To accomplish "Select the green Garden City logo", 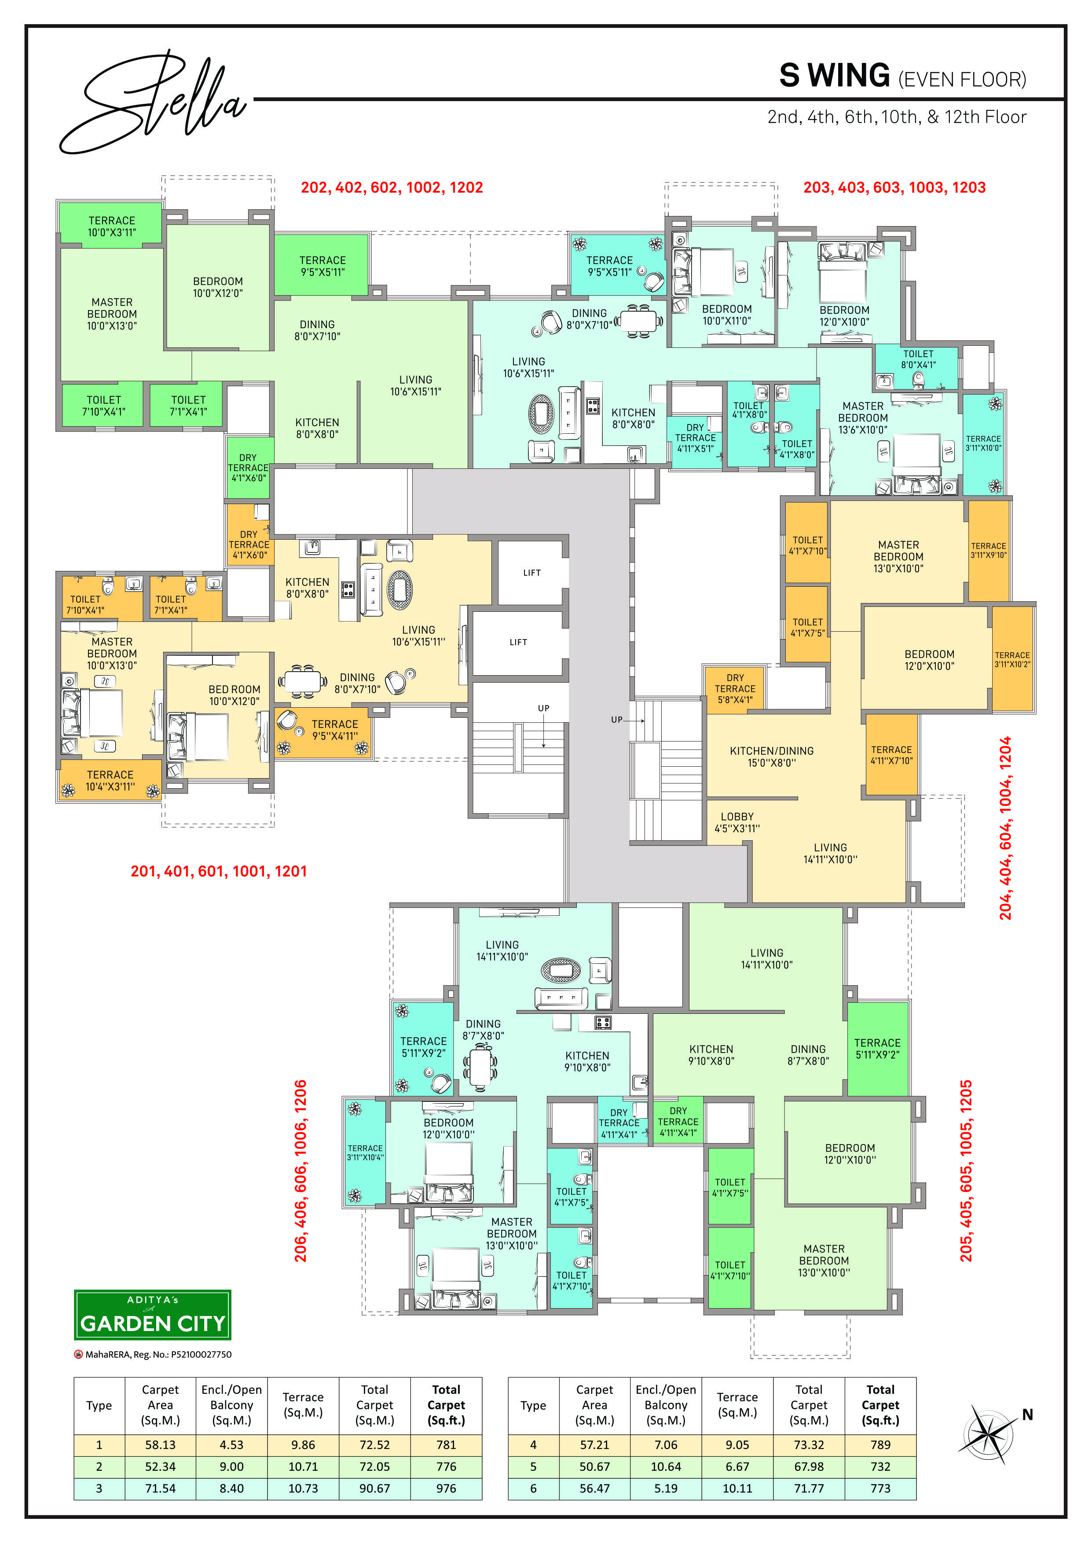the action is [x=153, y=1315].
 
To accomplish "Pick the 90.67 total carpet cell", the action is [x=374, y=1488].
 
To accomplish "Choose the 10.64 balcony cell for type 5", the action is [x=666, y=1466].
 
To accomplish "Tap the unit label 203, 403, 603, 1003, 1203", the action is [x=894, y=187].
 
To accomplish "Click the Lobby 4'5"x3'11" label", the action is [x=737, y=823].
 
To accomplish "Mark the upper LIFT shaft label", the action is [x=532, y=573].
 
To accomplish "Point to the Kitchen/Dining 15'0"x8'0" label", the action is [x=772, y=757].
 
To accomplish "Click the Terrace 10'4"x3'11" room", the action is [x=110, y=780].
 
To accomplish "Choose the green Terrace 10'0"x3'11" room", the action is [x=112, y=223].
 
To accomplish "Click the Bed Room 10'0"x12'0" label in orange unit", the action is [x=234, y=695].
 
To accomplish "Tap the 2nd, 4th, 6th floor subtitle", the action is [x=897, y=117].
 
